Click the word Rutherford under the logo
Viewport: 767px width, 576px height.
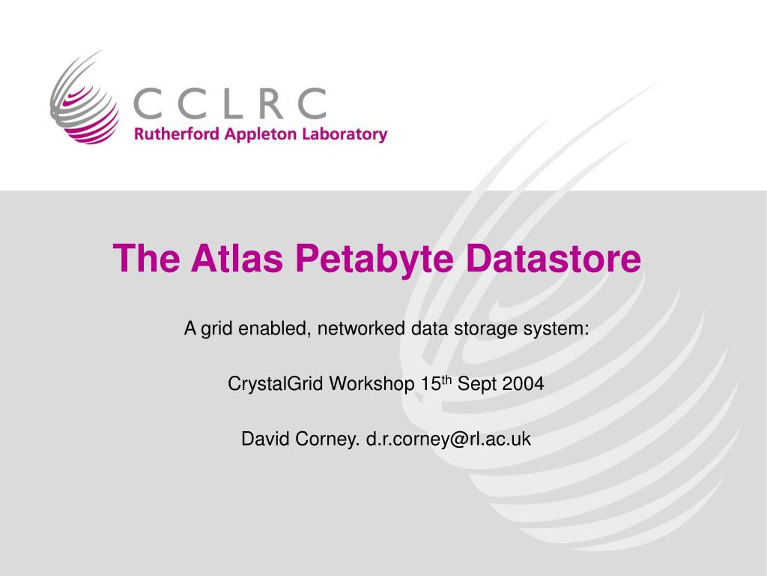171,135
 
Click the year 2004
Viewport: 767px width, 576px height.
524,384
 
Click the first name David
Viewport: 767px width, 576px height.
260,439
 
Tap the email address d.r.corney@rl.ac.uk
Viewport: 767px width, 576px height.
448,439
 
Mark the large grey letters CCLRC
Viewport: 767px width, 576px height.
231,103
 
